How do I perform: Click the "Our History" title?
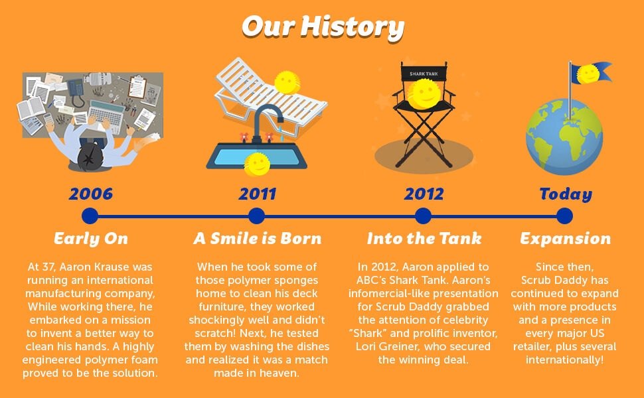(323, 28)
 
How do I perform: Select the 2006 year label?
(91, 194)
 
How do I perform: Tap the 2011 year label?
(258, 194)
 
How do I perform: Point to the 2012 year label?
(424, 194)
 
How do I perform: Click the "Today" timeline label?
(566, 194)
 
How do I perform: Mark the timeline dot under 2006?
(90, 216)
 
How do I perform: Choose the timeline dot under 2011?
(257, 216)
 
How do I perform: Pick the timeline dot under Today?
(564, 216)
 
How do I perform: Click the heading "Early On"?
(91, 238)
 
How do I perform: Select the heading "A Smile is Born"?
(258, 238)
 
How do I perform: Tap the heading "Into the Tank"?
(424, 238)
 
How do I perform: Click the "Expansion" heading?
(566, 239)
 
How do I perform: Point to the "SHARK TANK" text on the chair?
(424, 74)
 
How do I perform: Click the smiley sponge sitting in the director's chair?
(424, 94)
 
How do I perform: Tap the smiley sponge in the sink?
(257, 164)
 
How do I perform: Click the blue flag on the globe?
(592, 73)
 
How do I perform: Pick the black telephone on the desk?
(76, 92)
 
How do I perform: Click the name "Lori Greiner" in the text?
(386, 346)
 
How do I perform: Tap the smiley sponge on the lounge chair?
(287, 82)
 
